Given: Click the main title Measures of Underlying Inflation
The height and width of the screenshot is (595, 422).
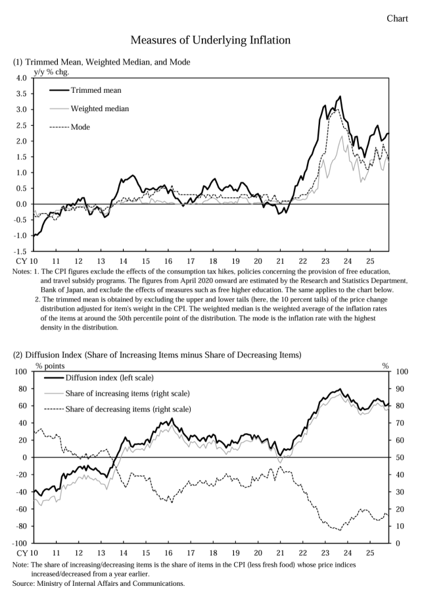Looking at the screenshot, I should click(x=210, y=41).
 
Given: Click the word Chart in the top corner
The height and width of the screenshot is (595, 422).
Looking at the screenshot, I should click(x=397, y=18).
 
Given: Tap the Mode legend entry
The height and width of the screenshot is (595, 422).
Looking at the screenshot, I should click(x=80, y=126).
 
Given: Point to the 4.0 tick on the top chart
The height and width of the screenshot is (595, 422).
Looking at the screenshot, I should click(x=20, y=78).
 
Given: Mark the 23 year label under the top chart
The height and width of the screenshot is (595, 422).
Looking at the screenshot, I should click(x=325, y=261).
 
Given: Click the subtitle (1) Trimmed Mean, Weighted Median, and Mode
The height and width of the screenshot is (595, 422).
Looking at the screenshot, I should click(x=101, y=62).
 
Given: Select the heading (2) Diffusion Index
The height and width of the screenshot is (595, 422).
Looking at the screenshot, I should click(x=156, y=355).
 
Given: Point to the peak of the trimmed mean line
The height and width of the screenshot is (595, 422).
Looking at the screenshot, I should click(x=339, y=97).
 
